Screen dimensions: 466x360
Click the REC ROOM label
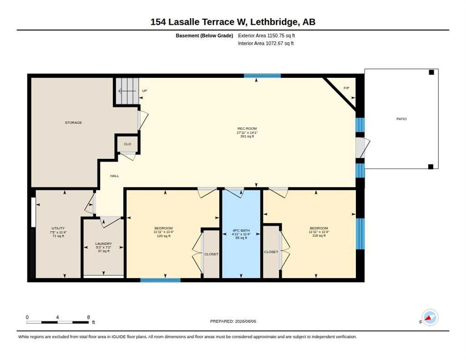point(247,129)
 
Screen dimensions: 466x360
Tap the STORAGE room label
point(74,122)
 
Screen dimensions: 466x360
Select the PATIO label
point(401,119)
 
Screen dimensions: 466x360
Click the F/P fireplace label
point(346,88)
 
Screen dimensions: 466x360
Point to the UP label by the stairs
point(144,90)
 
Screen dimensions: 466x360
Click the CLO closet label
point(128,144)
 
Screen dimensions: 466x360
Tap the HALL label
point(114,176)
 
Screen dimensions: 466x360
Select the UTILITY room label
point(58,228)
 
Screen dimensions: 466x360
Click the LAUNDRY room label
point(104,244)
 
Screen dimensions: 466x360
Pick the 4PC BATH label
point(241,230)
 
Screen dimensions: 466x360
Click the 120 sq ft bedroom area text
point(164,236)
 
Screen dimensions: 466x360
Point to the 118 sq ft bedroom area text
point(319,235)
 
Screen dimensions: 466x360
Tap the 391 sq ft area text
point(247,136)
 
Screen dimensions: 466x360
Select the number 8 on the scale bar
point(88,317)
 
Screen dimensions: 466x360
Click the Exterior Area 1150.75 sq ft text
point(266,36)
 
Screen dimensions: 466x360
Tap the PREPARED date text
point(233,322)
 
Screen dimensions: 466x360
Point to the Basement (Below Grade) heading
point(204,36)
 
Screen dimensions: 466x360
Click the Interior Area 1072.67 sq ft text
point(266,44)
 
